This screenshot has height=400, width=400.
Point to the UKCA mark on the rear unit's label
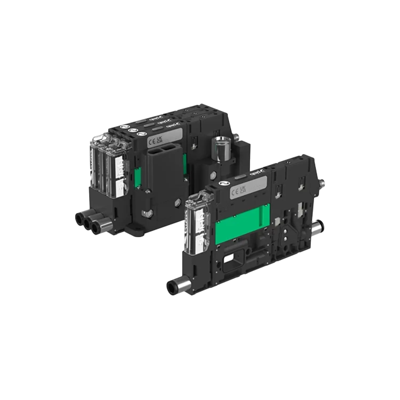tap(159, 139)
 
